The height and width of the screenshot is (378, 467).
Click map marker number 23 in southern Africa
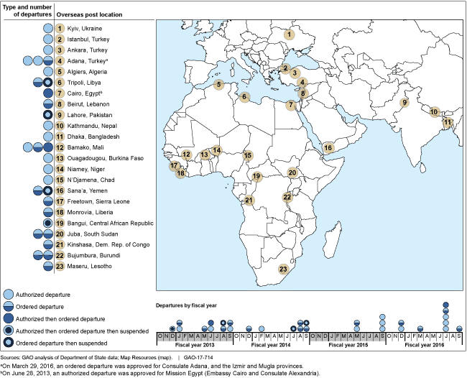[x=283, y=269]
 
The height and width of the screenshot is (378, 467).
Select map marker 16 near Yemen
[x=328, y=148]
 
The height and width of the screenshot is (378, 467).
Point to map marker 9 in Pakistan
[x=404, y=103]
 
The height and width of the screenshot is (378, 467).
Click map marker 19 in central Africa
[x=256, y=175]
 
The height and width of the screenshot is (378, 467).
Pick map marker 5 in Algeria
[x=218, y=84]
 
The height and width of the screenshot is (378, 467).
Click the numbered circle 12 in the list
[x=60, y=147]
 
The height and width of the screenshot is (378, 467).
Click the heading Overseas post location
[x=88, y=14]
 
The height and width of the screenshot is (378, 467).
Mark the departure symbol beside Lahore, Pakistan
[x=47, y=115]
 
